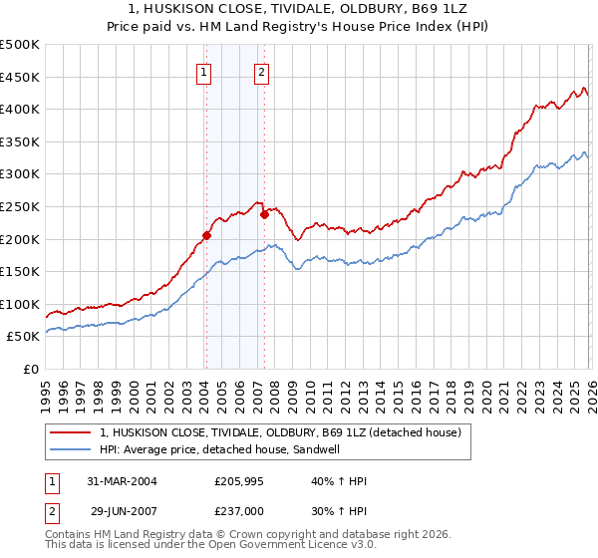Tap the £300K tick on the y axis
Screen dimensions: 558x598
click(20, 174)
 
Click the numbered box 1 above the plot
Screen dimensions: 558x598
click(204, 72)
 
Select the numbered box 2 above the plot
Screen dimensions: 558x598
click(261, 72)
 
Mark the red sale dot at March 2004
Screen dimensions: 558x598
click(206, 235)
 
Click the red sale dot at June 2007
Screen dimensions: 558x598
click(264, 214)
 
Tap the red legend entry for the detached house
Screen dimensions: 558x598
click(280, 433)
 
